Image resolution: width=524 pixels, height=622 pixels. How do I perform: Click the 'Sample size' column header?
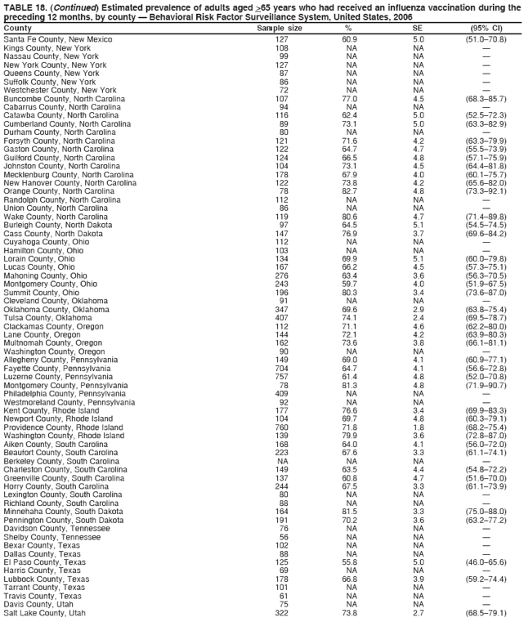[x=280, y=28]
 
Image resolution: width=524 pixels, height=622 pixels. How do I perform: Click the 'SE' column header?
[x=419, y=28]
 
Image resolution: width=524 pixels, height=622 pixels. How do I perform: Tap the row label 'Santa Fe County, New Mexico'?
[x=58, y=38]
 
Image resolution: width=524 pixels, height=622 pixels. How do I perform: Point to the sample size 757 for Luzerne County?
[x=282, y=377]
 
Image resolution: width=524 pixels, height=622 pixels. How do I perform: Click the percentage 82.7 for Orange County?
[x=349, y=191]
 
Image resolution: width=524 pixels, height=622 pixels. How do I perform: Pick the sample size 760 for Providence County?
[x=282, y=427]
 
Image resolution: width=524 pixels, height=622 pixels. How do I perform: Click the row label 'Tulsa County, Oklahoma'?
[x=47, y=318]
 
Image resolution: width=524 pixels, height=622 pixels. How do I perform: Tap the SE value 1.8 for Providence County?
[x=419, y=427]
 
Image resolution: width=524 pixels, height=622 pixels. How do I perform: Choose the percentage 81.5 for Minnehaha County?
[x=349, y=512]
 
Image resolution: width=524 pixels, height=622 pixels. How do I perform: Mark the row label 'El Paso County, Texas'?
[x=44, y=562]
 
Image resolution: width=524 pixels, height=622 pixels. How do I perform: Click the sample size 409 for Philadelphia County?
[x=282, y=394]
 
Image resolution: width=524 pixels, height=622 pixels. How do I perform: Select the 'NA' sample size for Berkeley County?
[x=282, y=461]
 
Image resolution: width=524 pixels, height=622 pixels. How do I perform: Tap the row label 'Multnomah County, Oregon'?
[x=52, y=343]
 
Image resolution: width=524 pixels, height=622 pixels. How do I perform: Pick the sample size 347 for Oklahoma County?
[x=282, y=310]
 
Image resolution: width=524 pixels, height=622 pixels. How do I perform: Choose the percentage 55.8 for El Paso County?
[x=349, y=562]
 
